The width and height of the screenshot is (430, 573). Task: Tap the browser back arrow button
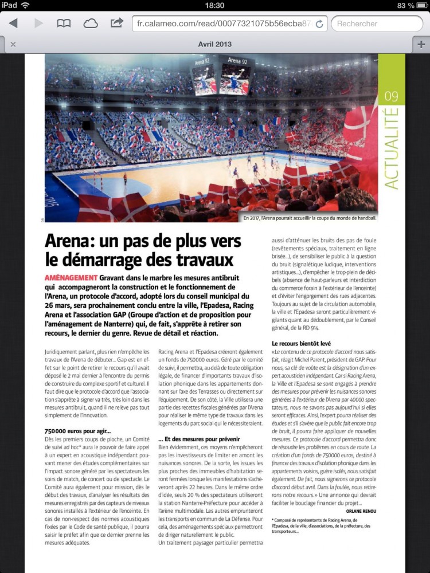tap(13, 23)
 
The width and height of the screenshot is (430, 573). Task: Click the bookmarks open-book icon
tap(63, 23)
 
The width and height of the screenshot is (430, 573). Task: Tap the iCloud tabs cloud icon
tap(91, 23)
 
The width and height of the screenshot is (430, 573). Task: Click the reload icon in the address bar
tap(319, 24)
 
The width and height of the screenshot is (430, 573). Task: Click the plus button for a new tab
tap(421, 44)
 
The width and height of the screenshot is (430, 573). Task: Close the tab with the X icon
tap(13, 44)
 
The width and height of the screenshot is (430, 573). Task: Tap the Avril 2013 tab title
tap(214, 44)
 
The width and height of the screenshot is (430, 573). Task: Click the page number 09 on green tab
tap(392, 95)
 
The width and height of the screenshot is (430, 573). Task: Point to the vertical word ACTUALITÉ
tap(392, 148)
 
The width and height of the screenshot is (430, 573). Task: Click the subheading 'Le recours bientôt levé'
tap(302, 343)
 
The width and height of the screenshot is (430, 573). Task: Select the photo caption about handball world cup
tap(310, 218)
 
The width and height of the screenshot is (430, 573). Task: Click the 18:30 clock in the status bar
tap(214, 5)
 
